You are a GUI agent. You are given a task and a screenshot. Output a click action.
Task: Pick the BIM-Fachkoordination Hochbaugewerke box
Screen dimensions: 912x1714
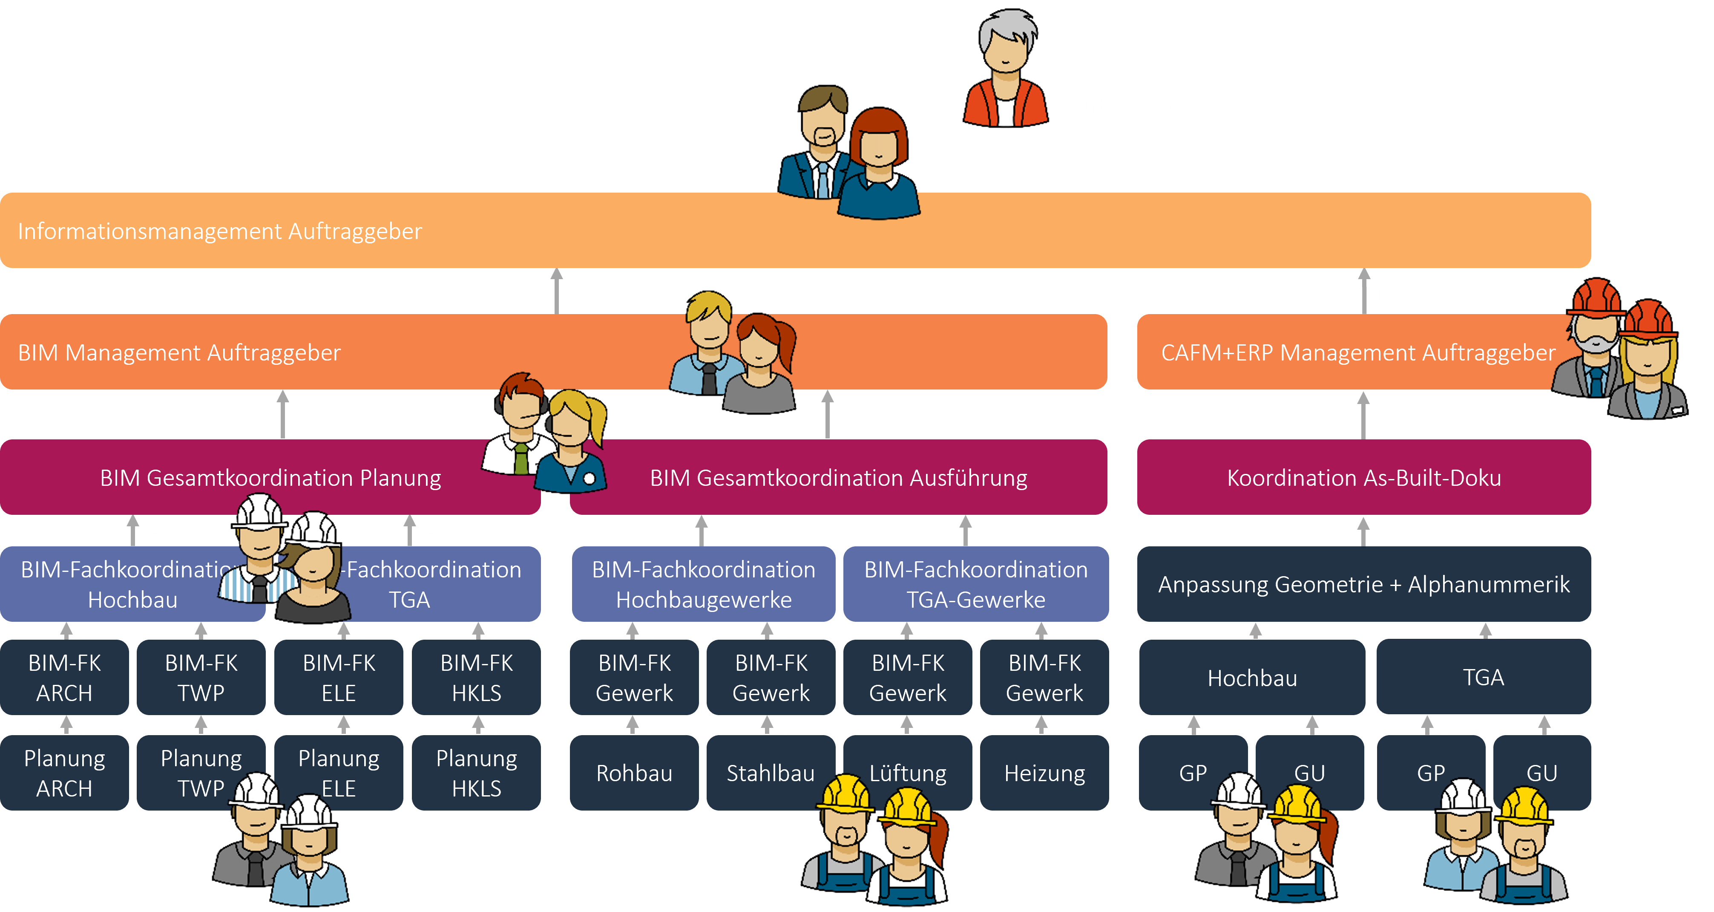[x=703, y=584]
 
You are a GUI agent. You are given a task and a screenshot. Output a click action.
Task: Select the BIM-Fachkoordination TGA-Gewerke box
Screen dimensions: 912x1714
[x=975, y=584]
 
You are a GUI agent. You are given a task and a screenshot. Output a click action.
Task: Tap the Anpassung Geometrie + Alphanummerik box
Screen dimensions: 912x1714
[x=1363, y=584]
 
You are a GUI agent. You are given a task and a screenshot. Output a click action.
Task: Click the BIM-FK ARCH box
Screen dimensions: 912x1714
[x=65, y=678]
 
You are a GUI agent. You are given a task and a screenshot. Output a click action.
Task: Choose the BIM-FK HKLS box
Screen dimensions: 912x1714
[x=476, y=678]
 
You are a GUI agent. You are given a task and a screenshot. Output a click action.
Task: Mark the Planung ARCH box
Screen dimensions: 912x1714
[x=65, y=773]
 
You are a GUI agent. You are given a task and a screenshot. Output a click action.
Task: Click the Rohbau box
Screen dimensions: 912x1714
[x=634, y=773]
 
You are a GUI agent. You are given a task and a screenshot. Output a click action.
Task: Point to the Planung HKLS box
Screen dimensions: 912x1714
[x=476, y=773]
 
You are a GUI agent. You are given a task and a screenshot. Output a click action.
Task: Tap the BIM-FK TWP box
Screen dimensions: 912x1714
[x=201, y=678]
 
